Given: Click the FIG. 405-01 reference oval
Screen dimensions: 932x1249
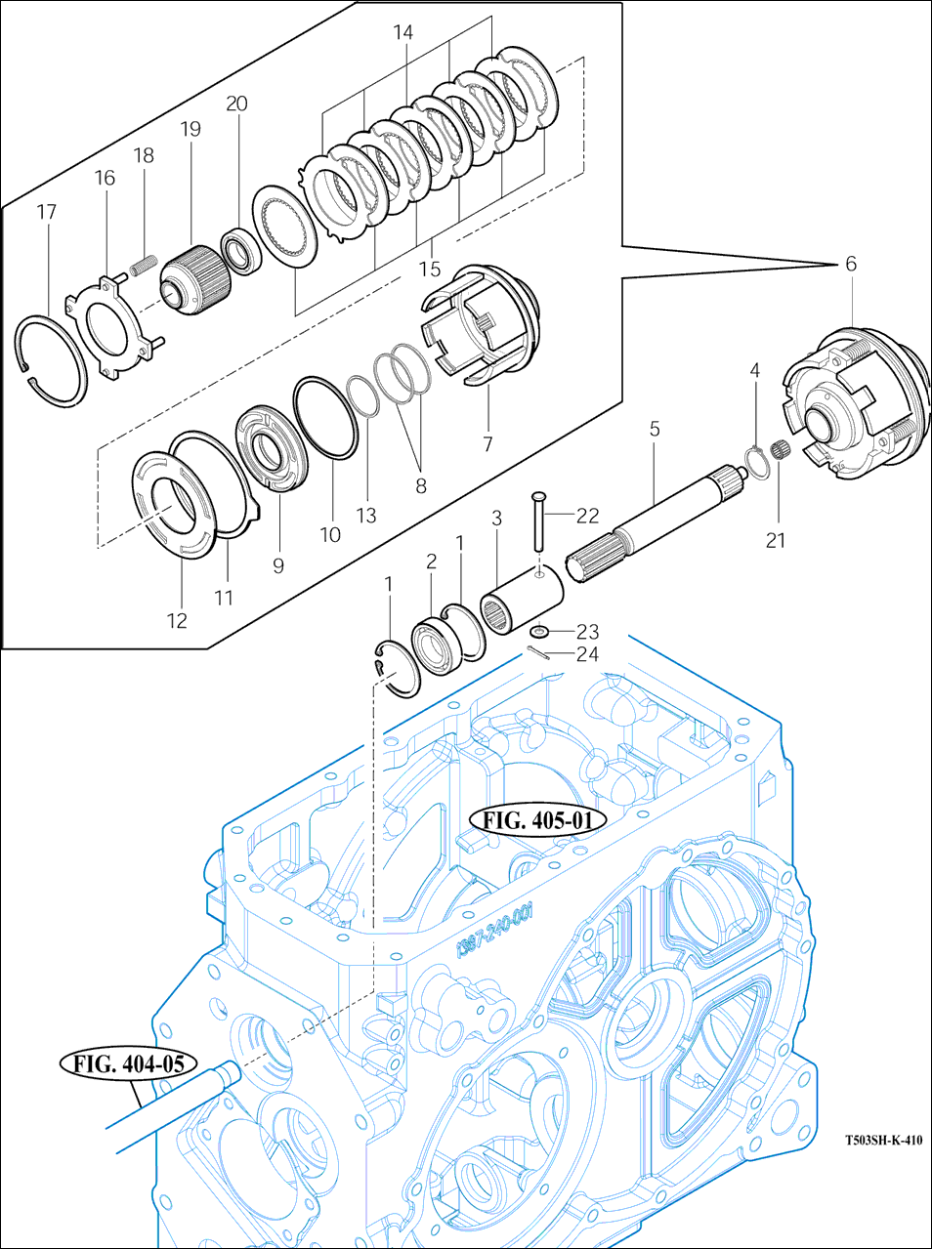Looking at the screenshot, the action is pos(537,820).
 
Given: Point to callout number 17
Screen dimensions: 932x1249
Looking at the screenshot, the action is pos(47,212).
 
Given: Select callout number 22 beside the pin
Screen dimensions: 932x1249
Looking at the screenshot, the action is pos(588,516).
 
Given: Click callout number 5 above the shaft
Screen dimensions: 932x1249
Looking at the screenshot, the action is pos(655,429).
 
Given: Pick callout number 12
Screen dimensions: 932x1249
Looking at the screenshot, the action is pos(177,621).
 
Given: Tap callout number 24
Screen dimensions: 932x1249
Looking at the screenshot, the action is pos(588,655).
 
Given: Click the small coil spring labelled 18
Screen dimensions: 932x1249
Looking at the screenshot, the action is pos(143,267).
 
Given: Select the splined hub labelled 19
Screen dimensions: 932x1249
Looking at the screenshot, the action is pos(196,278).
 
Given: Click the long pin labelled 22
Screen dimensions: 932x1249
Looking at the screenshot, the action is pos(537,521).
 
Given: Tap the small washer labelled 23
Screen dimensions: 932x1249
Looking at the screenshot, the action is pos(537,631).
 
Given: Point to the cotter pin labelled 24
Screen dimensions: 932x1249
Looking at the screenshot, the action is pos(538,655).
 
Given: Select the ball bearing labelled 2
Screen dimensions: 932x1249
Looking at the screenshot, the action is pos(436,648).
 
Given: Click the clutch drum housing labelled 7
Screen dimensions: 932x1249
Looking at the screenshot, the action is pos(484,325).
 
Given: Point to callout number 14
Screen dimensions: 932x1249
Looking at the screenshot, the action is pos(402,32).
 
